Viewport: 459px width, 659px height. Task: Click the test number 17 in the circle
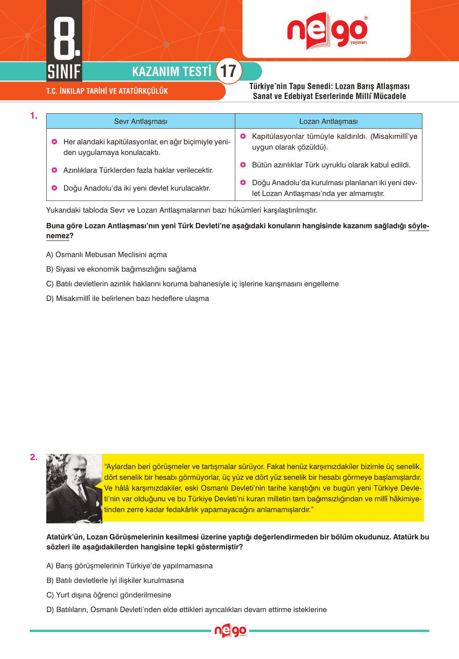coord(228,71)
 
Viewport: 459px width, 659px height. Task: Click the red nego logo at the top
coord(327,31)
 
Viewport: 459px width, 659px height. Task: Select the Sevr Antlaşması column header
coord(140,121)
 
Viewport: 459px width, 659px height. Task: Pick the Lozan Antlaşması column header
coord(328,121)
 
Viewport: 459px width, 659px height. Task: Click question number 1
coord(33,116)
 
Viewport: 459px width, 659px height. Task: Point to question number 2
coord(33,457)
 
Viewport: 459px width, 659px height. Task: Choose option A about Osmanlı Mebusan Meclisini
coord(107,254)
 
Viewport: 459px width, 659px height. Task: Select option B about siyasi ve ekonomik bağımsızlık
coord(121,269)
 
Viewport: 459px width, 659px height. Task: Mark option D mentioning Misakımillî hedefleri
coord(127,298)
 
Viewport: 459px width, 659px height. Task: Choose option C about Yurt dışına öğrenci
coord(109,595)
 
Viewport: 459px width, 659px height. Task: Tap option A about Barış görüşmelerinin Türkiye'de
coord(129,566)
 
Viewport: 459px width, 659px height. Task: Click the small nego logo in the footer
coord(230,631)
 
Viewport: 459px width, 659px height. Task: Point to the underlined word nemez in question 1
coord(57,236)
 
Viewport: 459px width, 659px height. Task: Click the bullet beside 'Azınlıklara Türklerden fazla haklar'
coord(54,170)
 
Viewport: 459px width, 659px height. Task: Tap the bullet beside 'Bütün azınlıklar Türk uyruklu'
coord(243,165)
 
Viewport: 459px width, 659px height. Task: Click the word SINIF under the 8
coord(64,72)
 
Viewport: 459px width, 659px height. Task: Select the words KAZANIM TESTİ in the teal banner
coord(171,72)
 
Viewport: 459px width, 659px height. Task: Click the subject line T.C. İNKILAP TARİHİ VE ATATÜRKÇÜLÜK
coord(107,91)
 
